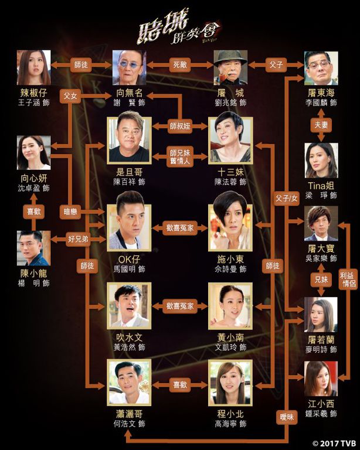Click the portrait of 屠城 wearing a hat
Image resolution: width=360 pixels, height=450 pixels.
tap(230, 67)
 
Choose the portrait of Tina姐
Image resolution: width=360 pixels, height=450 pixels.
tap(321, 160)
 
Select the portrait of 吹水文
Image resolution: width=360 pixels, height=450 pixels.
tap(129, 305)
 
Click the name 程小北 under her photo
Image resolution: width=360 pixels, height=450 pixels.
tap(230, 413)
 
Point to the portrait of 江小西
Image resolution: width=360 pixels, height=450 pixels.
tap(321, 379)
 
